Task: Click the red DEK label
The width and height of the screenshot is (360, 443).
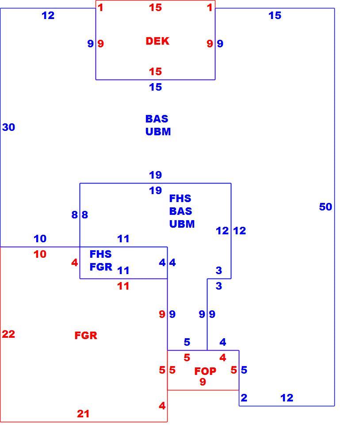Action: pos(157,41)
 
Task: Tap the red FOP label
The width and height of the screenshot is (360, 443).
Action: pos(205,371)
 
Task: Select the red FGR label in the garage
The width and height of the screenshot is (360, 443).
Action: pos(86,336)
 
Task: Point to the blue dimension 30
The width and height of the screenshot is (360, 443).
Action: pos(8,127)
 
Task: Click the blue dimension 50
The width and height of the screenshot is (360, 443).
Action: pos(326,207)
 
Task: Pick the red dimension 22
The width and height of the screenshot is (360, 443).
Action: pos(8,334)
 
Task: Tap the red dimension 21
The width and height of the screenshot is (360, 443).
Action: pos(83,414)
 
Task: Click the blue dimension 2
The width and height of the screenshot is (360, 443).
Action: pos(244,398)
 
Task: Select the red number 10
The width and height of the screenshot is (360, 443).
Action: pos(40,254)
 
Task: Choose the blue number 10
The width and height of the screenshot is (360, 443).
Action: pos(40,239)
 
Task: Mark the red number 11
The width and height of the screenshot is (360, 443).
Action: pos(123,286)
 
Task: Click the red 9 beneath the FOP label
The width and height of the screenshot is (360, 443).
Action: pos(203,382)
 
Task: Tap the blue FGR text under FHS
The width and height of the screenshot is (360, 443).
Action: pos(101,267)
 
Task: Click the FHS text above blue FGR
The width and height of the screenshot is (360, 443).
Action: pos(100,254)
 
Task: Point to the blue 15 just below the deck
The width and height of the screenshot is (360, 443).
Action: pos(155,87)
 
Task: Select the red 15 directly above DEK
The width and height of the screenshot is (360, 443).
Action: pos(155,8)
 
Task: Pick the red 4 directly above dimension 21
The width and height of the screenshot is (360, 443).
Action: pos(162,406)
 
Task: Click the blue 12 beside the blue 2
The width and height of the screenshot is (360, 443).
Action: pos(287,398)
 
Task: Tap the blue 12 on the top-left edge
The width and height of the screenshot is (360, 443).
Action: pos(48,15)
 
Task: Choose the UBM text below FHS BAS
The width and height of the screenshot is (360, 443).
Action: pos(182,224)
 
